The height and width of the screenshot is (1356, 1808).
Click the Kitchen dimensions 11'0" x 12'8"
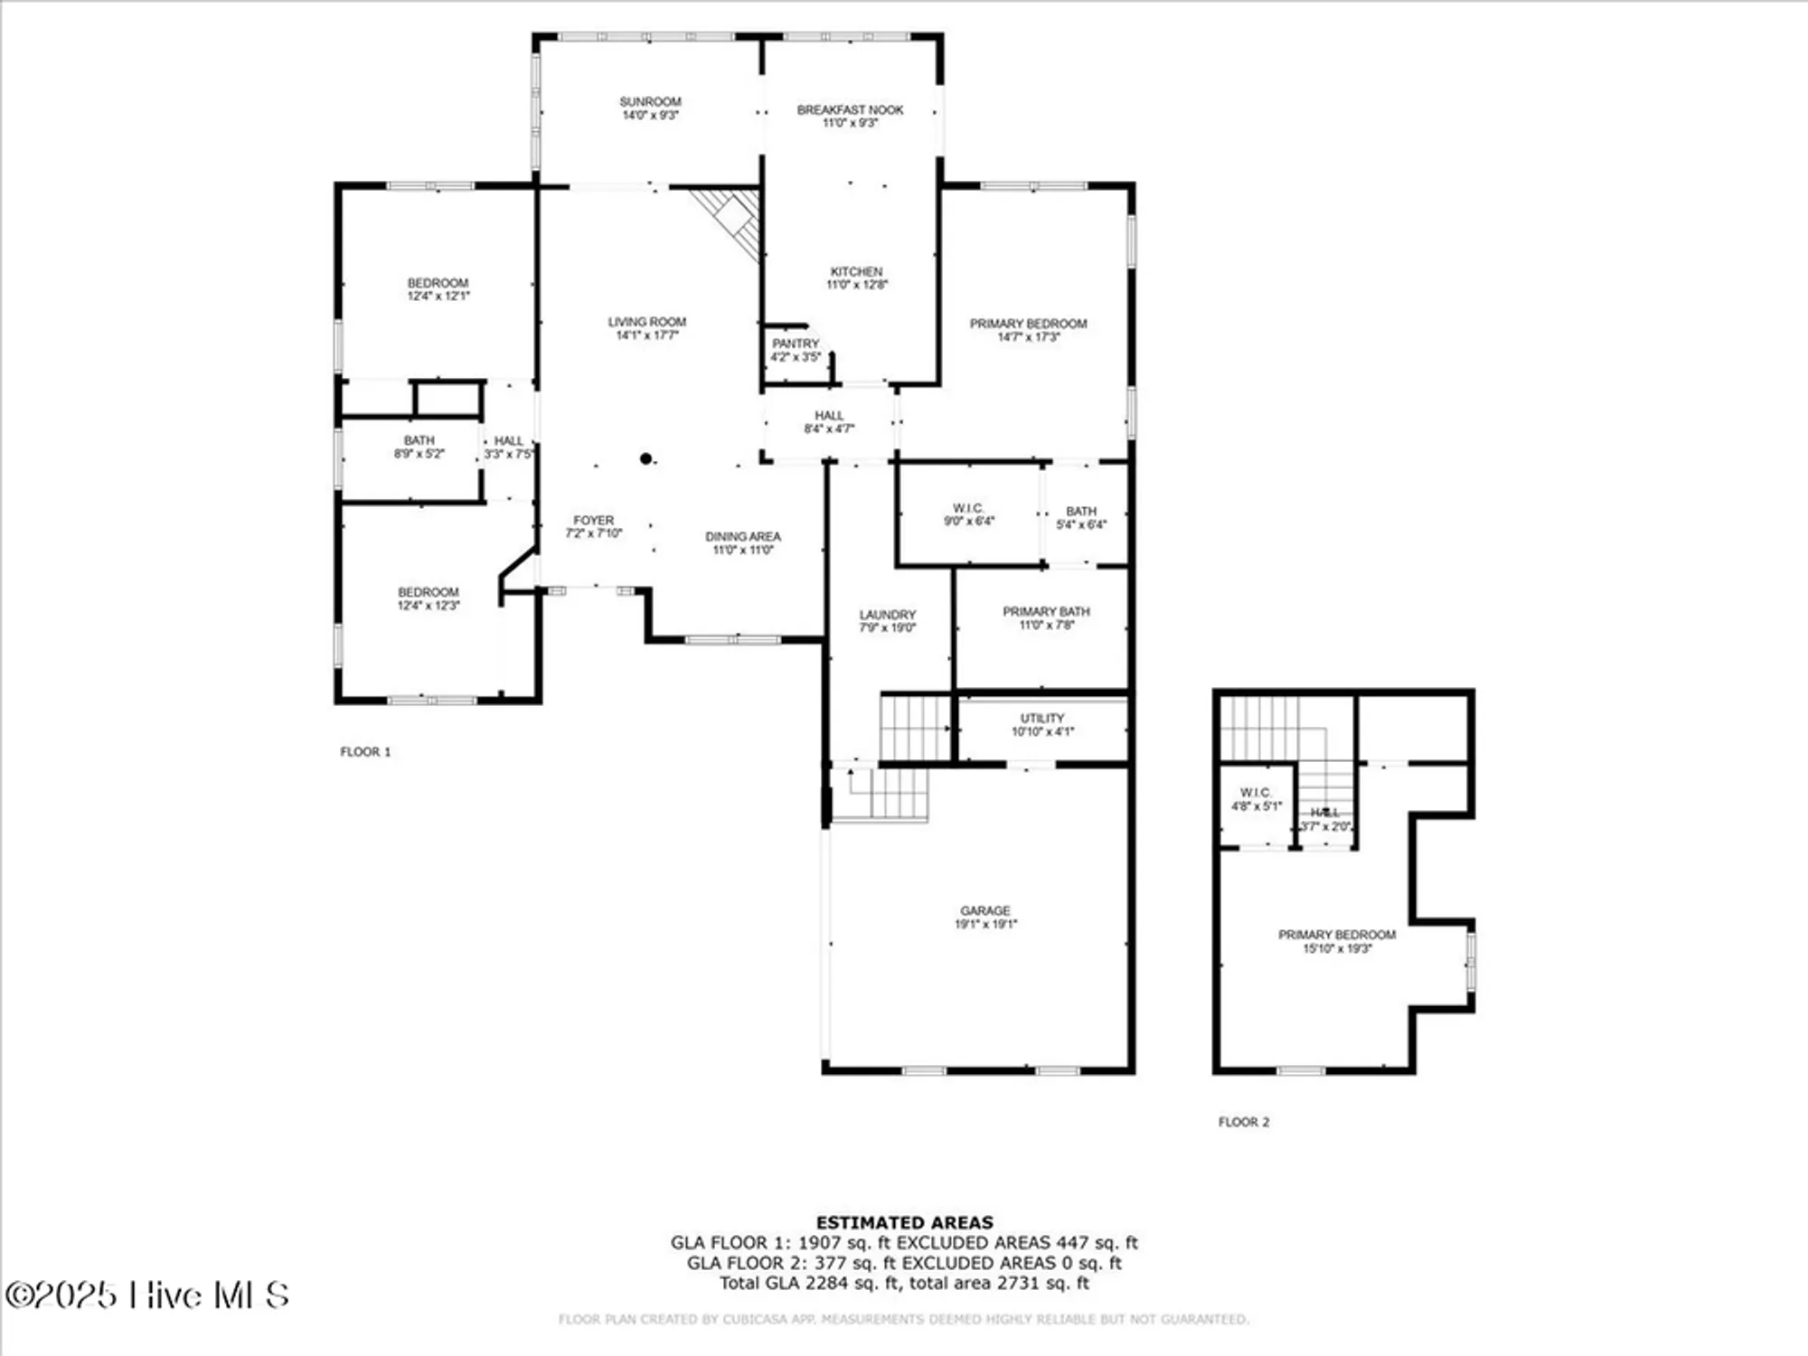point(857,285)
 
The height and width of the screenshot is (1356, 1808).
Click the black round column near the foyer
point(645,459)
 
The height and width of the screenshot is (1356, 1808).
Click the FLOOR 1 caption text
point(365,752)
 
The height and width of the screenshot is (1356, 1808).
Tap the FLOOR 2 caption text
point(1243,1122)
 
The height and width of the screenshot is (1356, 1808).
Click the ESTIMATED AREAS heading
point(904,1222)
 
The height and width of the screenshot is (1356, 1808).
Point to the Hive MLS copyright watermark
point(147,1295)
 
